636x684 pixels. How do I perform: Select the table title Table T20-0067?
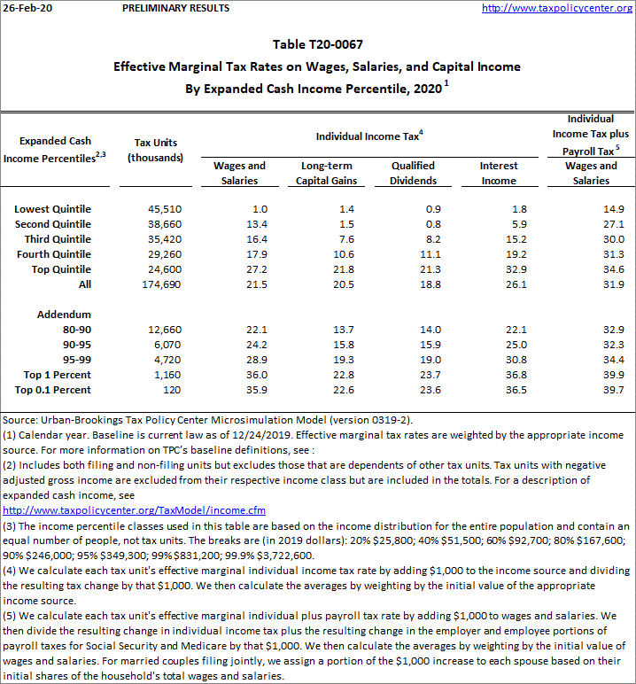pyautogui.click(x=317, y=44)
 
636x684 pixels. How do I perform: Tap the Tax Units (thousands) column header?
pyautogui.click(x=155, y=150)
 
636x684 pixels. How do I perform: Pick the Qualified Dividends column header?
pyautogui.click(x=414, y=173)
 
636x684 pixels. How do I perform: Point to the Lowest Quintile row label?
pyautogui.click(x=52, y=209)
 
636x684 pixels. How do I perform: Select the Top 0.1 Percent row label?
pyautogui.click(x=52, y=390)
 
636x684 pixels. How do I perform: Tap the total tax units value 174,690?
pyautogui.click(x=159, y=284)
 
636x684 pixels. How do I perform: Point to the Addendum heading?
pyautogui.click(x=64, y=315)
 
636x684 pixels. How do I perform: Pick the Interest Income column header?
pyautogui.click(x=499, y=173)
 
